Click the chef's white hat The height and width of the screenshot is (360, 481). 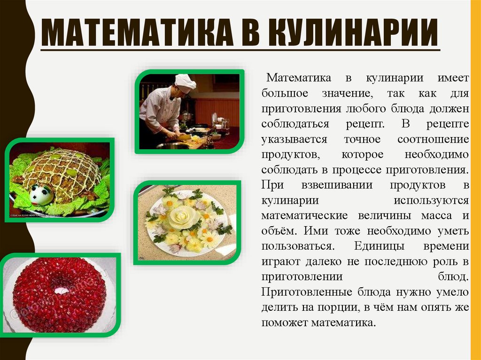coord(185,82)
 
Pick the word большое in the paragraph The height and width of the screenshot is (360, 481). coord(285,93)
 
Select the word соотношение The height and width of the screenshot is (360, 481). coord(433,139)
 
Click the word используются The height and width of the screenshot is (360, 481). coord(431,200)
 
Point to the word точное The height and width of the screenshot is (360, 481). coord(363,139)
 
